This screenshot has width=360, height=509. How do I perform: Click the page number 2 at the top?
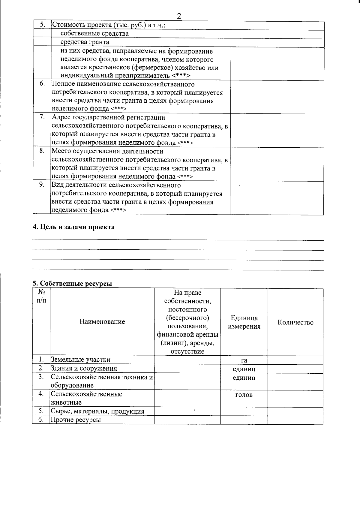pos(179,16)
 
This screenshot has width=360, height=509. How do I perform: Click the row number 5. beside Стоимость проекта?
pos(42,25)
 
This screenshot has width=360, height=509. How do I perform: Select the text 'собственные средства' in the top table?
pos(94,34)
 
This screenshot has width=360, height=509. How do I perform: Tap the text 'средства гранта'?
pos(85,42)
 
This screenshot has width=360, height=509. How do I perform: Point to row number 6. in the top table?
pos(42,84)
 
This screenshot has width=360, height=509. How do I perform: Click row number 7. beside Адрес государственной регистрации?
pos(42,117)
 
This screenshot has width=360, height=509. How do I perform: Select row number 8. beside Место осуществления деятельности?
pos(42,151)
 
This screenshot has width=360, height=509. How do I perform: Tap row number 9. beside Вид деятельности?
pos(42,184)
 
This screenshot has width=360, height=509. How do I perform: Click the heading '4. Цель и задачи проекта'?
pos(73,227)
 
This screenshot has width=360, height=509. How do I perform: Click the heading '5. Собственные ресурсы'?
pos(72,283)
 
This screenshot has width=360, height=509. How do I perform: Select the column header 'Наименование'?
pos(102,322)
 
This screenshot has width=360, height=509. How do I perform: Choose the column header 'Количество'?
pos(295,322)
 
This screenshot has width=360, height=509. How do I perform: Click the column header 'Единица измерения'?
pos(244,322)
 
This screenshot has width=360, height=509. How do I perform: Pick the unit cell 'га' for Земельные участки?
pos(244,360)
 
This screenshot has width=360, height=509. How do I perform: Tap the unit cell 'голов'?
pos(244,395)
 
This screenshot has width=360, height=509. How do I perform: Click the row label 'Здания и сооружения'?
pos(84,369)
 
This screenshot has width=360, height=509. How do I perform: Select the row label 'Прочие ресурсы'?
pos(76,420)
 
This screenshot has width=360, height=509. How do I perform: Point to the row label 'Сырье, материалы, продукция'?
pos(97,411)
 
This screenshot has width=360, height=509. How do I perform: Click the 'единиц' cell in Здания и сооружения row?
pos(244,369)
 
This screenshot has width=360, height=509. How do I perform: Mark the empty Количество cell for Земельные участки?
pos(295,360)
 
